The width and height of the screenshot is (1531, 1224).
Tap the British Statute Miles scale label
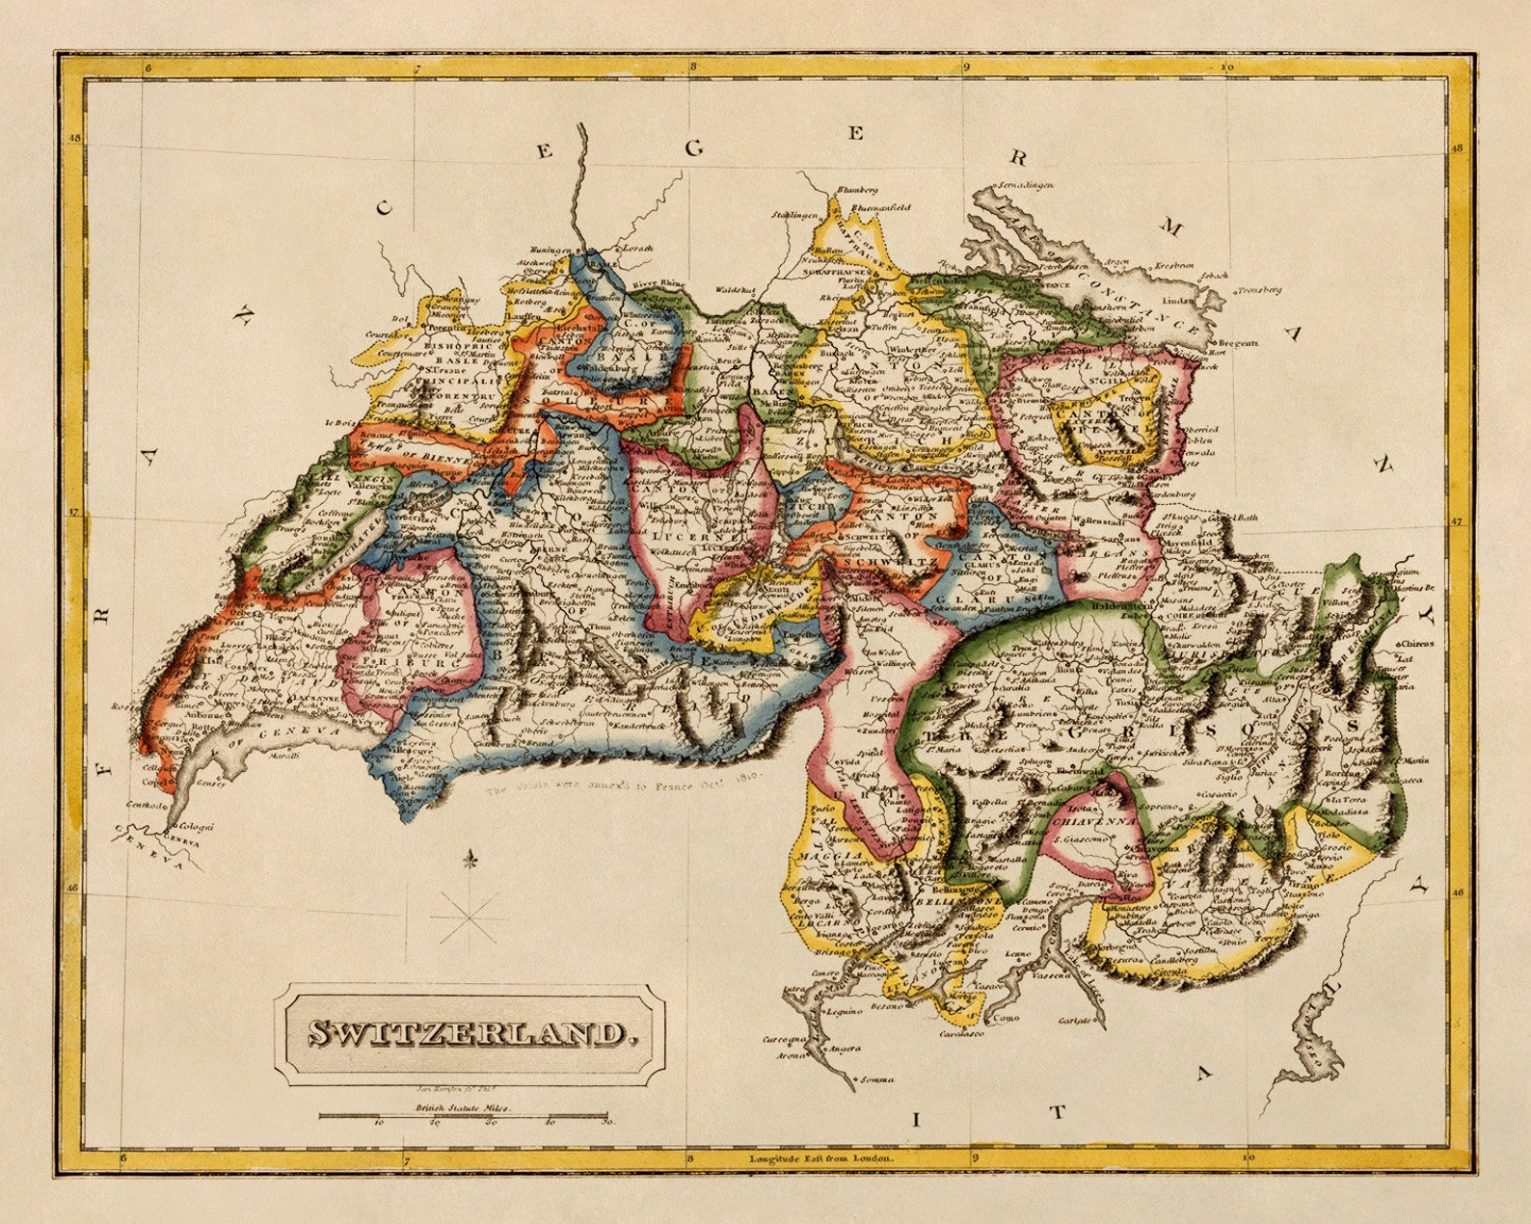(465, 1108)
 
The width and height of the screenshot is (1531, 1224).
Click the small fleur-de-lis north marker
(470, 860)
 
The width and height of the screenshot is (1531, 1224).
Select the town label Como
(1006, 1017)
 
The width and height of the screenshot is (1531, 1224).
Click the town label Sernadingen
(1024, 184)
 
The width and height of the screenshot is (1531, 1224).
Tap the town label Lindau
(1178, 286)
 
